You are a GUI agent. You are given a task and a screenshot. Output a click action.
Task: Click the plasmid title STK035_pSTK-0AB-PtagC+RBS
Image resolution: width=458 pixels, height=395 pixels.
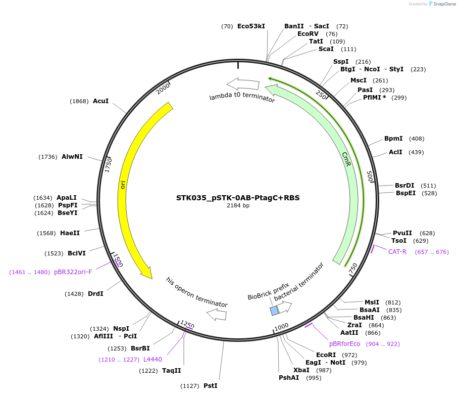[x=238, y=198]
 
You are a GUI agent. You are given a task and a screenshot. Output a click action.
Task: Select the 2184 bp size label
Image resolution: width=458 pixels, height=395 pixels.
[x=238, y=206]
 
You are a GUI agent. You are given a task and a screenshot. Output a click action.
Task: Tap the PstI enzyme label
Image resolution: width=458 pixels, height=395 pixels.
[x=211, y=386]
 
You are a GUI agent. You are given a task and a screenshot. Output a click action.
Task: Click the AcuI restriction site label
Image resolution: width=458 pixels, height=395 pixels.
[x=100, y=101]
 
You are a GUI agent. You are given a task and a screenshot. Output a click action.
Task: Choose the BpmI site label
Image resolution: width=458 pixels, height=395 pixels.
[x=393, y=139]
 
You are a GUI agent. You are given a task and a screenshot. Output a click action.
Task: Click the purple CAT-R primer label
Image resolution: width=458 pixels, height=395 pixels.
[x=397, y=252]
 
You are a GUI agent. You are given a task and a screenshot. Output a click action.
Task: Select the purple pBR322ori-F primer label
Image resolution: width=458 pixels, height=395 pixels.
[x=80, y=272]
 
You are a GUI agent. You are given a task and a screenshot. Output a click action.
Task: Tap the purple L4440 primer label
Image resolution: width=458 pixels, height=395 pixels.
[x=152, y=360]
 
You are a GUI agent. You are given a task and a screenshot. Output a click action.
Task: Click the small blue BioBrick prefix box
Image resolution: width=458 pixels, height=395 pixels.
[x=274, y=311]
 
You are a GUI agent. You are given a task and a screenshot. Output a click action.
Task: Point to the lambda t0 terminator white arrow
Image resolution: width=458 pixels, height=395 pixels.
[x=242, y=84]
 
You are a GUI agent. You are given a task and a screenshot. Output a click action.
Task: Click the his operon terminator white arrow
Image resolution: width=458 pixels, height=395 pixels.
[x=217, y=315]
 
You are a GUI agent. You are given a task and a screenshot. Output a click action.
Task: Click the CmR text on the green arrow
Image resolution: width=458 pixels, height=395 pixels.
[x=346, y=157]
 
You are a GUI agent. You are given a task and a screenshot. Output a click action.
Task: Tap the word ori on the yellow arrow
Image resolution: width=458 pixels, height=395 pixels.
[x=123, y=184]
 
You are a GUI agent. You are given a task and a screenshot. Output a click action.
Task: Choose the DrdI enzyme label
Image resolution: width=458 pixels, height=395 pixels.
[x=95, y=294]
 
